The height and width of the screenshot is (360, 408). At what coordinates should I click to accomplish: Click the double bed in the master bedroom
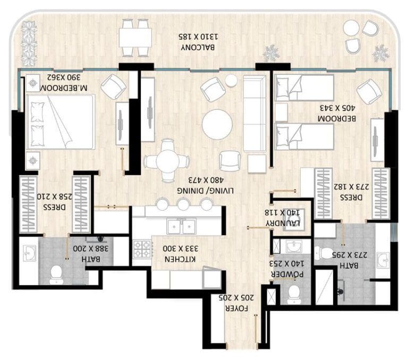[x=59, y=122]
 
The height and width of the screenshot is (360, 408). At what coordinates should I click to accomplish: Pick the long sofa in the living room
[x=254, y=114]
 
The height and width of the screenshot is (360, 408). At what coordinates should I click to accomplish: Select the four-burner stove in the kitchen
[x=142, y=249]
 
